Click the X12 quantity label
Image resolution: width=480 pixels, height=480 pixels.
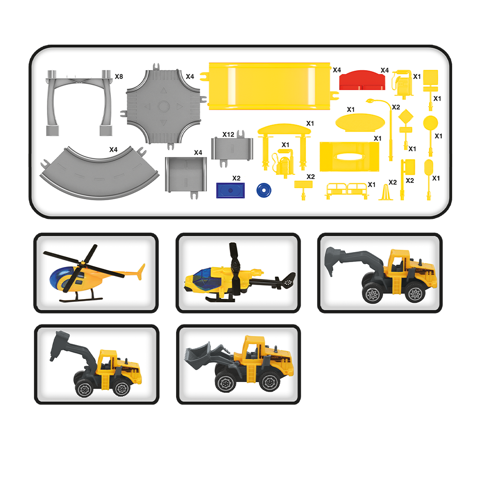(x=228, y=134)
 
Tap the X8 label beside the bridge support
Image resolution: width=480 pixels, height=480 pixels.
(x=119, y=76)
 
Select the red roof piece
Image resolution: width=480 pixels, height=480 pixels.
(x=362, y=80)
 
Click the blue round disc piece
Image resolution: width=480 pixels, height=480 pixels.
(x=264, y=191)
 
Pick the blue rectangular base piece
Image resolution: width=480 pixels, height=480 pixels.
(x=230, y=191)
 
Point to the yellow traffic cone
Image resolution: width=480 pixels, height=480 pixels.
(x=386, y=192)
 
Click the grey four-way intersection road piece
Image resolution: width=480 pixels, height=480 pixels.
(x=164, y=106)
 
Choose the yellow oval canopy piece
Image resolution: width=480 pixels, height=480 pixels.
(x=360, y=122)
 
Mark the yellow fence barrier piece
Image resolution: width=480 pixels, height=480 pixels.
(x=347, y=191)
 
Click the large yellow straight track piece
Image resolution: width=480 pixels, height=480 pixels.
(x=269, y=86)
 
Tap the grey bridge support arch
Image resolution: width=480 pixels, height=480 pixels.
(x=79, y=102)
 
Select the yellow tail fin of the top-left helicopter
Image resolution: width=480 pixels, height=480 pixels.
(x=141, y=272)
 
